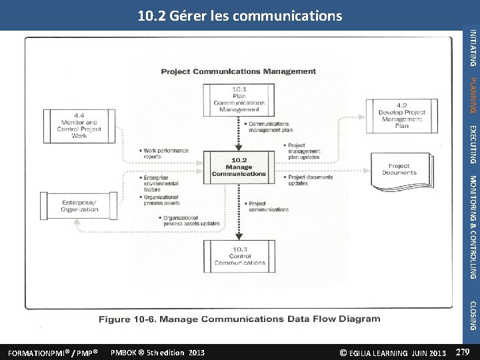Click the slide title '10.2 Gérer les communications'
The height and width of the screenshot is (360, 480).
coord(239,15)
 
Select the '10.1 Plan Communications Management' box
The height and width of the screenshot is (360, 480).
coord(239,99)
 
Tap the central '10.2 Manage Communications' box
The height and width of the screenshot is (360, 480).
coord(239,167)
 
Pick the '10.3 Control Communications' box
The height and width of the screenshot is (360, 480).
coord(239,255)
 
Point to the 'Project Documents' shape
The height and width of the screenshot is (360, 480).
coord(399,170)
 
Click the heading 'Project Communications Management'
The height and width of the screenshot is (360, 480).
coord(239,71)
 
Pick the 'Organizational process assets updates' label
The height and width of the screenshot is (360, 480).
coord(190,221)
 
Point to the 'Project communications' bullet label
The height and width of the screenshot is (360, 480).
coord(267,207)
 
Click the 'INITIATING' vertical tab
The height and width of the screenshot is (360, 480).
coord(473,47)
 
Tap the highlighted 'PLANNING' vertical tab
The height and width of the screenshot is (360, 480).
coord(473,95)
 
